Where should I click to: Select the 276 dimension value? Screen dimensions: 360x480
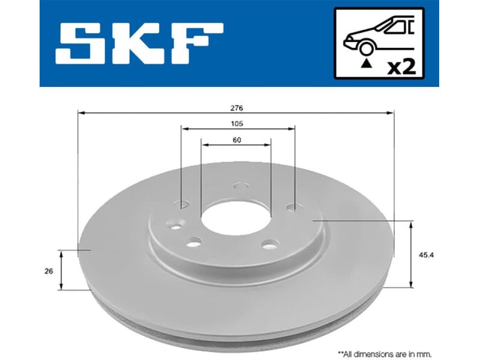[x=236, y=107]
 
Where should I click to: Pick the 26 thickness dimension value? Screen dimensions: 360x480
[x=49, y=271]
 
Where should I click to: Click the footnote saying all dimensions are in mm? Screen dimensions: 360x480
[x=384, y=354]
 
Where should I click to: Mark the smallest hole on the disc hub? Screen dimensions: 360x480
[x=174, y=227]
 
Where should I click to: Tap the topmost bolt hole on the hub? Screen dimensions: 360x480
[x=240, y=187]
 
